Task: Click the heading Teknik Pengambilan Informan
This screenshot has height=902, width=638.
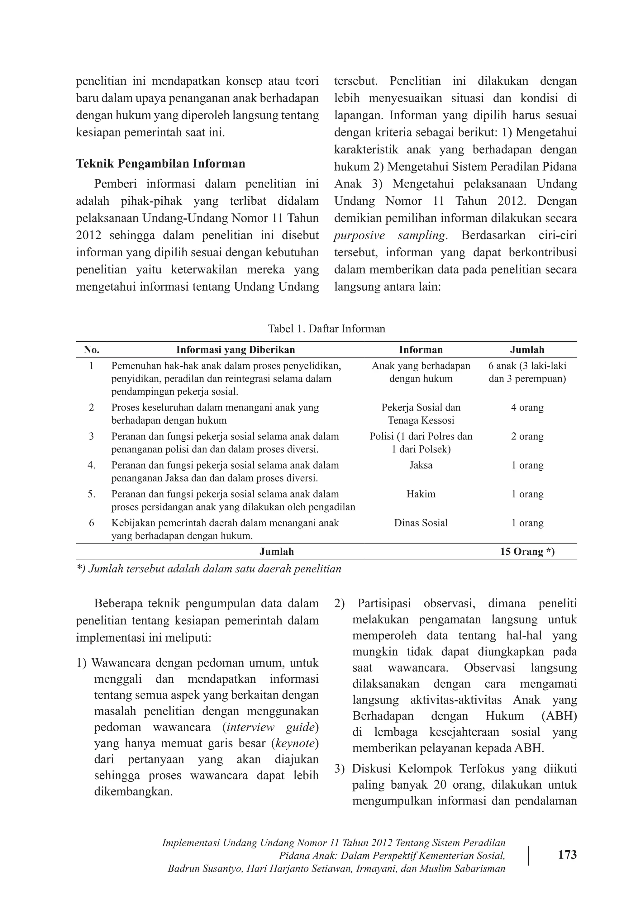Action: point(160,164)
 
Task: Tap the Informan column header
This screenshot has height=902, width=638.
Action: point(421,350)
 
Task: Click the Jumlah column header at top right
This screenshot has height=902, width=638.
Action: point(527,350)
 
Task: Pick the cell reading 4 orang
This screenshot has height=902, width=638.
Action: point(527,407)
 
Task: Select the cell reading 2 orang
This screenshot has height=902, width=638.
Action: point(527,436)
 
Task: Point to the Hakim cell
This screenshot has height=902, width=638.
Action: point(421,494)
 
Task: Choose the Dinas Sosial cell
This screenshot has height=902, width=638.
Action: point(421,523)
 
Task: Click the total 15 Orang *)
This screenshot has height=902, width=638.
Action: point(527,552)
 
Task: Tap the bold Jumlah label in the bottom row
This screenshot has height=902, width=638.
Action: point(277,552)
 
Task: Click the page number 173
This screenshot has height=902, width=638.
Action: point(567,855)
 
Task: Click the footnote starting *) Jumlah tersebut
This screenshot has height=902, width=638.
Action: point(209,569)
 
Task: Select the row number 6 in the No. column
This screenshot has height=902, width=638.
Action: point(91,523)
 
